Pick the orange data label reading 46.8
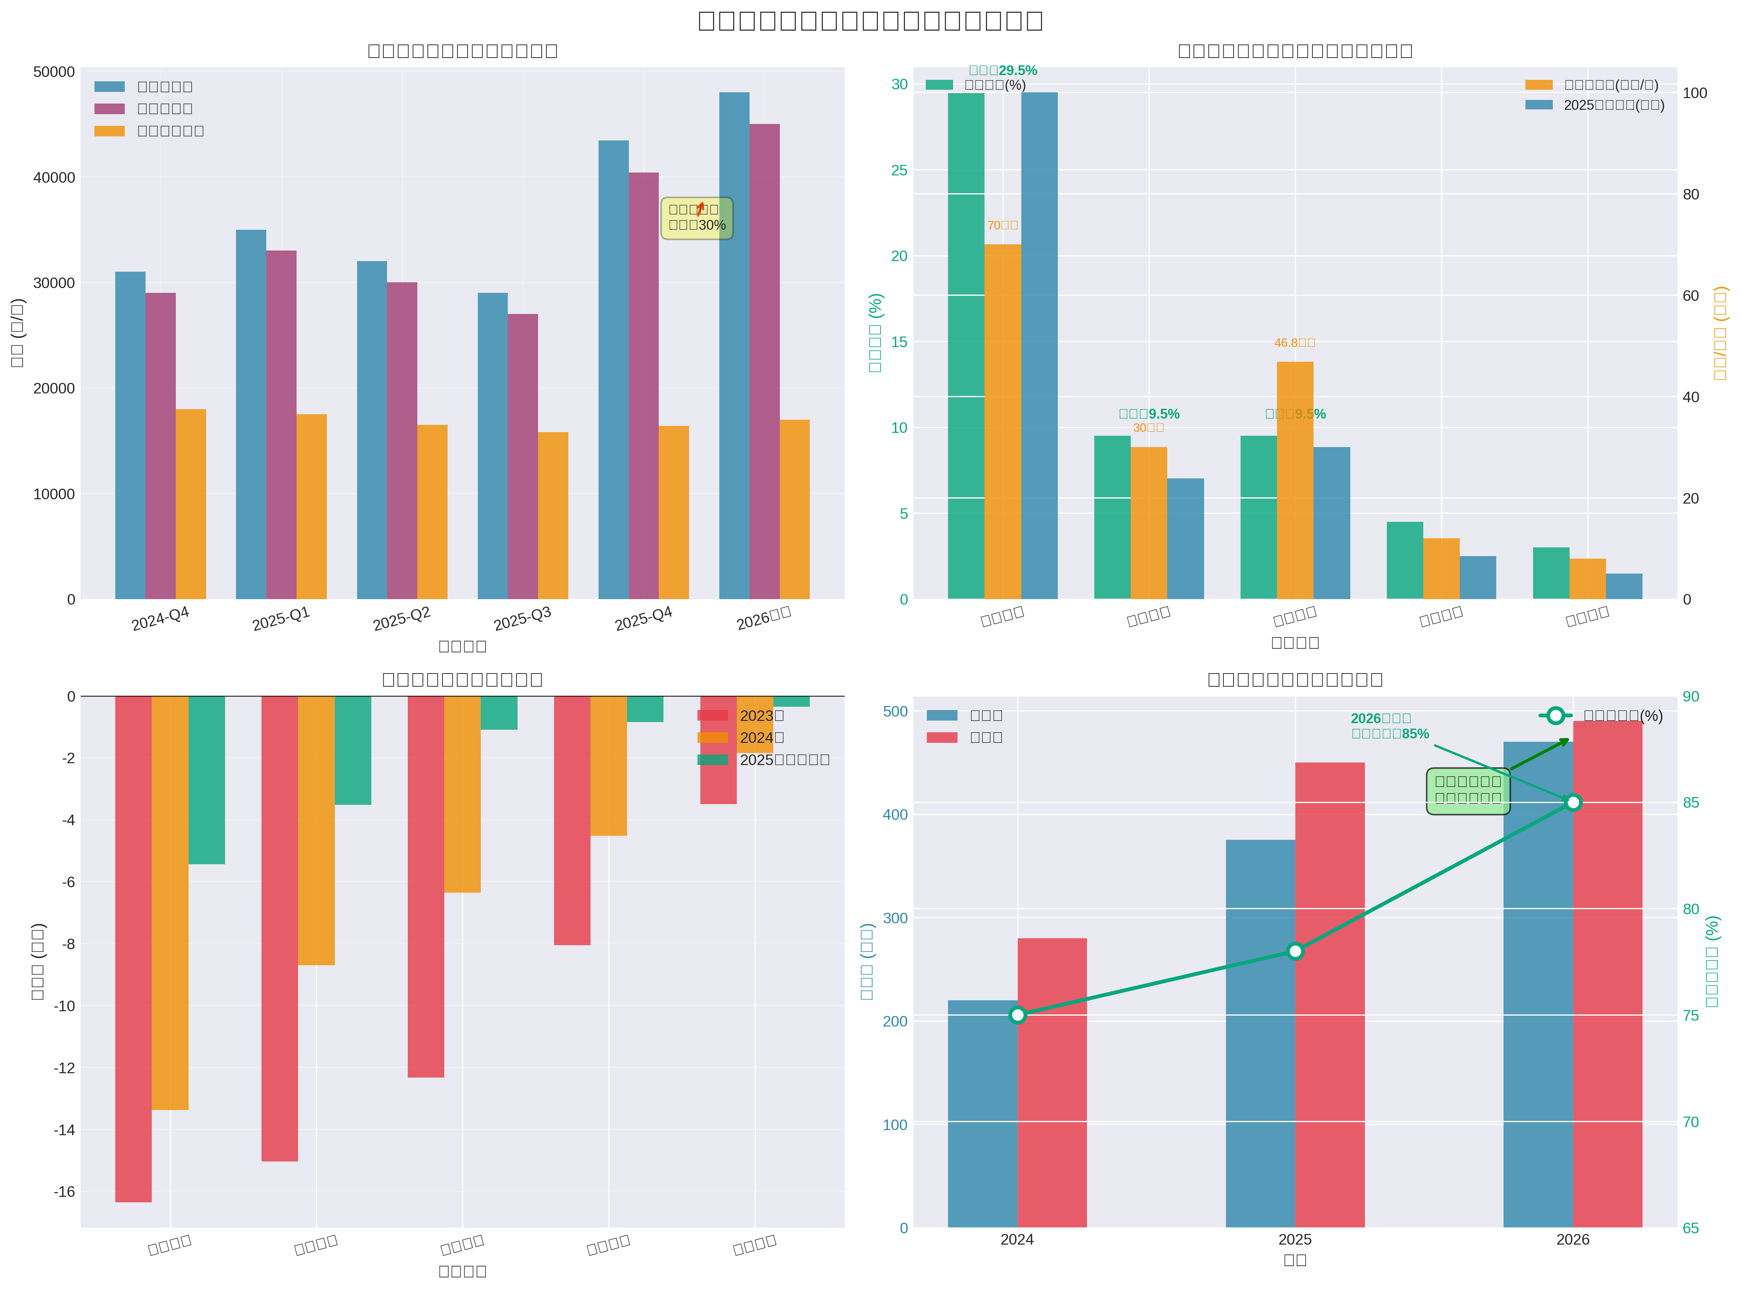1295,342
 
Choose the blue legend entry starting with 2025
1595,105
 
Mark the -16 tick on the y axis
64,1192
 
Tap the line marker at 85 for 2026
1573,802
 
